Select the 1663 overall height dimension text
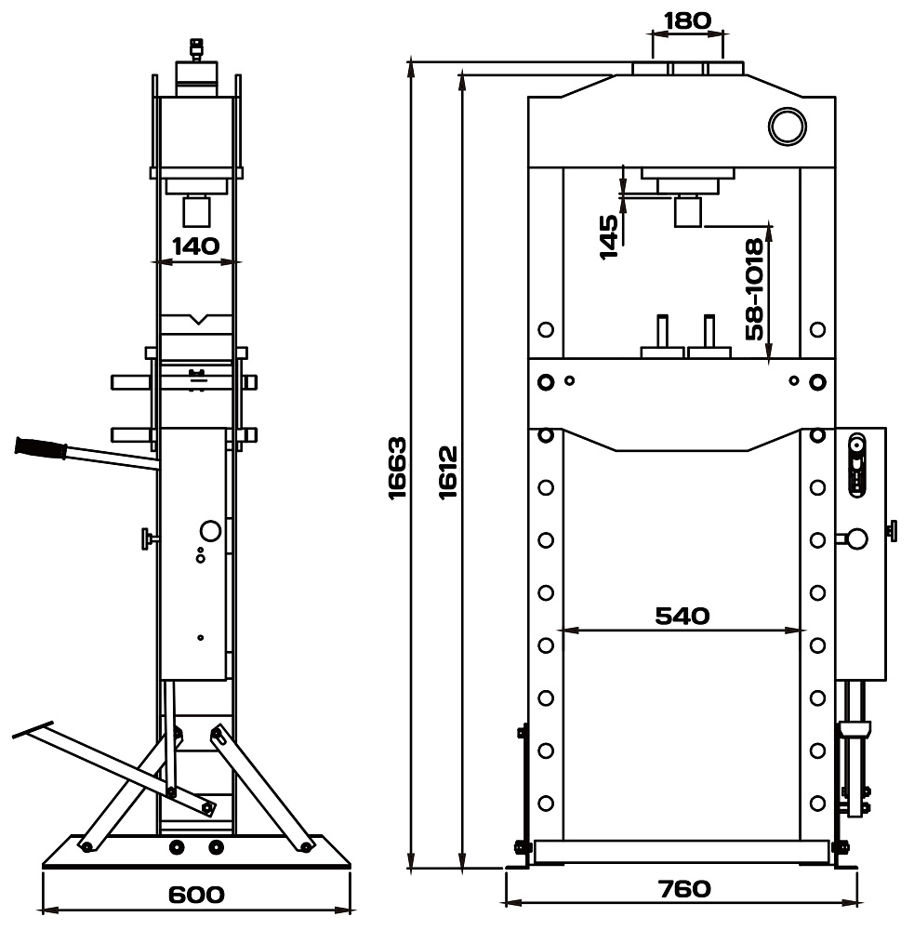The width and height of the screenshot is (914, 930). click(398, 467)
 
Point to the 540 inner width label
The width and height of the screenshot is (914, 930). click(682, 615)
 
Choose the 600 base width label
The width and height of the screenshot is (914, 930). click(196, 894)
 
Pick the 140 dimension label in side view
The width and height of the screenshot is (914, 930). click(195, 246)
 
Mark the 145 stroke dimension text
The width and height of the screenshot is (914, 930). click(609, 236)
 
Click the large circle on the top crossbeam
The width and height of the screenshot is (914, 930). click(786, 126)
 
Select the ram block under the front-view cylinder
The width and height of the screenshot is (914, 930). click(688, 211)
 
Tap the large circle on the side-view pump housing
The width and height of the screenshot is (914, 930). click(210, 530)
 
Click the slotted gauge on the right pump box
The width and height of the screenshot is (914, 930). click(856, 465)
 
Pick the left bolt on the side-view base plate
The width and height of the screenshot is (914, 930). click(176, 846)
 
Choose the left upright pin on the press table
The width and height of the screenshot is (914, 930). click(661, 332)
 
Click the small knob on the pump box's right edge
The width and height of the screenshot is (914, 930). click(892, 530)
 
